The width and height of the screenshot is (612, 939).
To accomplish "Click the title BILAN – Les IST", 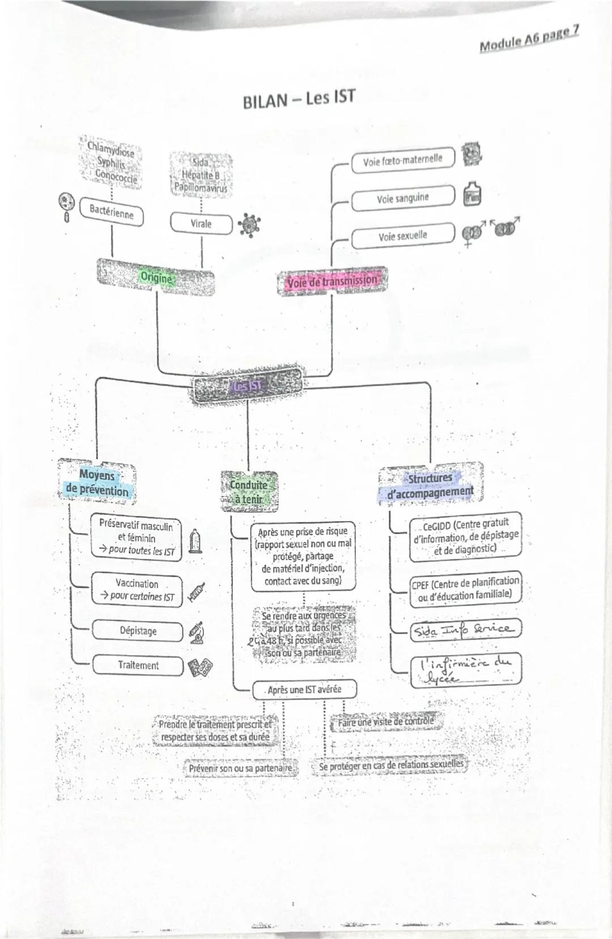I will [x=299, y=99].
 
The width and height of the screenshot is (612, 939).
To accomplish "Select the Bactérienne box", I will [x=112, y=211].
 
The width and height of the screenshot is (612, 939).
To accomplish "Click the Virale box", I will [x=201, y=223].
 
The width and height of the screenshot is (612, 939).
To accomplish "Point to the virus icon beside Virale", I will [x=249, y=225].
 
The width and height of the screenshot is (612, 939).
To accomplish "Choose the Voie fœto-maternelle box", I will [x=402, y=160].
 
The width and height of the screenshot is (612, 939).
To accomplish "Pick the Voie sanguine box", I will [x=402, y=198].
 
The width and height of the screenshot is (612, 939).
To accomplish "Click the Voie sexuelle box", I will [x=402, y=236].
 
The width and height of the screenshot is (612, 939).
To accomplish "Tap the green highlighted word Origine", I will [x=156, y=278].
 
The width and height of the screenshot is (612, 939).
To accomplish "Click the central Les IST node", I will [x=247, y=386].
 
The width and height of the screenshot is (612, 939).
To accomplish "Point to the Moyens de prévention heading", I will [x=97, y=483].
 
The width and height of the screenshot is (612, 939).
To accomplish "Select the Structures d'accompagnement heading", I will [x=430, y=485].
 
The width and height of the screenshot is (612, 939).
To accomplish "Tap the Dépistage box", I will [x=138, y=631].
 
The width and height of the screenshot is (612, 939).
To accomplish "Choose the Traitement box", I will [x=138, y=665].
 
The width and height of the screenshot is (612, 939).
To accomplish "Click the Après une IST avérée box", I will [x=304, y=690].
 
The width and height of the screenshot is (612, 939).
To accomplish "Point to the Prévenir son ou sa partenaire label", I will [x=241, y=768].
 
